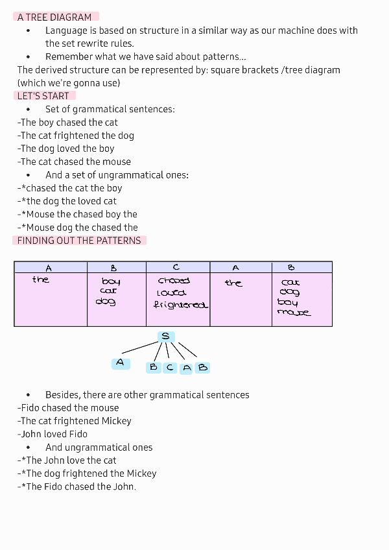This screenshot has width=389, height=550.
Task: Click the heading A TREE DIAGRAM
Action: (54, 18)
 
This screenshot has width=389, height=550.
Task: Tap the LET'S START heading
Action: (43, 96)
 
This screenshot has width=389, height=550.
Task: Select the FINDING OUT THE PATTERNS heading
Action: (79, 241)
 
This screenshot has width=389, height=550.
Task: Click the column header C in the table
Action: (176, 267)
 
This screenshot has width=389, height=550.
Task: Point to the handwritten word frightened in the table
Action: (181, 305)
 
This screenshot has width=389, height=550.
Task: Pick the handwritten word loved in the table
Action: (171, 293)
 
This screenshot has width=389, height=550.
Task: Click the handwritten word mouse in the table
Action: (294, 313)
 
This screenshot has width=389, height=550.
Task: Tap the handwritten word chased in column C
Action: (174, 281)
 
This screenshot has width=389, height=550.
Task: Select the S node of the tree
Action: (166, 337)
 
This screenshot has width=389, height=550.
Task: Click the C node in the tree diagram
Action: (170, 368)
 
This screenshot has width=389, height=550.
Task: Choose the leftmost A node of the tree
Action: (120, 363)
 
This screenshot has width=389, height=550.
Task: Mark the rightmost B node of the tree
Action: (203, 368)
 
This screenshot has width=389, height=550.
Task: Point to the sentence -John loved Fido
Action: (53, 434)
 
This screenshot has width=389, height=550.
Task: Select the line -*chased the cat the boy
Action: (70, 188)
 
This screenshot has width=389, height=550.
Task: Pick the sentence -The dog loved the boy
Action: (66, 149)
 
